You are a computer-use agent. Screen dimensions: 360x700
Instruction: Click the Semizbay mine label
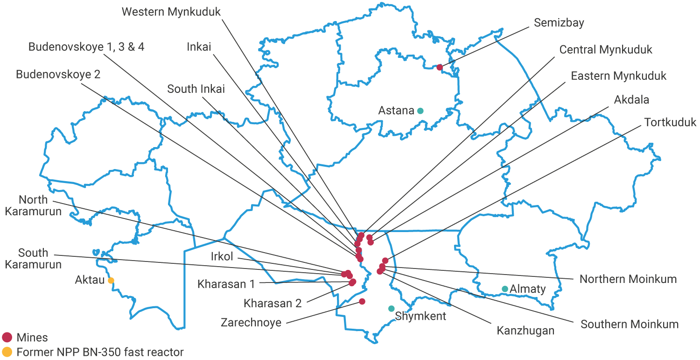[x=559, y=22]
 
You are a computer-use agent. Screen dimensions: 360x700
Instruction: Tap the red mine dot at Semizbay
[x=440, y=67]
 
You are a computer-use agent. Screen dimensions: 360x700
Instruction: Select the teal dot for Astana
[x=420, y=111]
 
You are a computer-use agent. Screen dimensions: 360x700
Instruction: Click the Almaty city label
[x=527, y=289]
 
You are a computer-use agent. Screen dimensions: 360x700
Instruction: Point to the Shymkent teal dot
[x=391, y=309]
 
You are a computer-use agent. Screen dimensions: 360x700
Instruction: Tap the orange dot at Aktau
[x=111, y=281]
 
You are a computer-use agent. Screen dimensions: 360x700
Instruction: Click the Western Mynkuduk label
[x=171, y=12]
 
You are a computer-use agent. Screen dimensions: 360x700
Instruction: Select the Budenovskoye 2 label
[x=58, y=74]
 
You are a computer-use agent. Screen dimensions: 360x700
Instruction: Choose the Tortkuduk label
[x=670, y=122]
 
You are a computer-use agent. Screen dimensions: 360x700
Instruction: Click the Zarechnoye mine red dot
[x=362, y=302]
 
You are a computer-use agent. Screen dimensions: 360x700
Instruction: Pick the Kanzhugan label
[x=525, y=331]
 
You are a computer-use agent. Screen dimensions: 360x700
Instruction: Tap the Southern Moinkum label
[x=630, y=324]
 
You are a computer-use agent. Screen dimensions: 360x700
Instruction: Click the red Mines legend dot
[x=7, y=337]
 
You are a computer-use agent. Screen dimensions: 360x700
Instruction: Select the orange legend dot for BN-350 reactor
[x=7, y=352]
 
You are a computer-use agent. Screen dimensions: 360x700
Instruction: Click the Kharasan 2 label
[x=273, y=303]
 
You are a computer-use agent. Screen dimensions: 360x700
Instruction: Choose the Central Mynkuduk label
[x=606, y=49]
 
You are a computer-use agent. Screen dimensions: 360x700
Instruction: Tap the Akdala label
[x=631, y=100]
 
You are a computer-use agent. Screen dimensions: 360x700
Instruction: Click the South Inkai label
[x=196, y=89]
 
